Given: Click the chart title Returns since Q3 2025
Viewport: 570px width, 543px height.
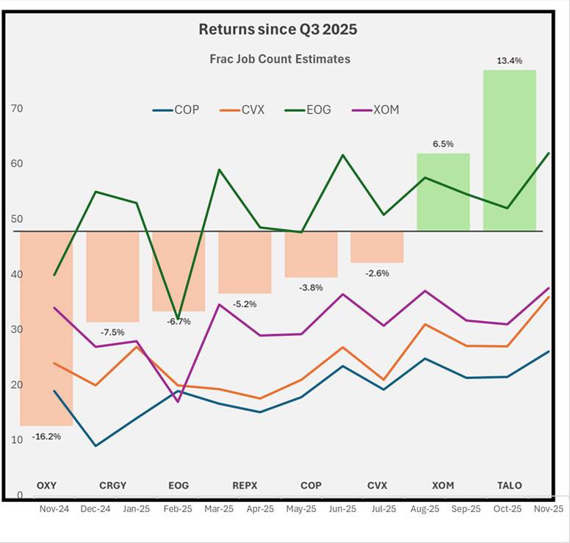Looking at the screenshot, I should point(278,30).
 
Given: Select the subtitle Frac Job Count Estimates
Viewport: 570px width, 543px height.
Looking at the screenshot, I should point(280,59).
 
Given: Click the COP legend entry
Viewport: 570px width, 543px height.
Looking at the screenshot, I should point(177,110).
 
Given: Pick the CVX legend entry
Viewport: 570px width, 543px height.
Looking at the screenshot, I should point(243,110).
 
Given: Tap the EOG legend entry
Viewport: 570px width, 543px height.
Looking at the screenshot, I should point(309,110).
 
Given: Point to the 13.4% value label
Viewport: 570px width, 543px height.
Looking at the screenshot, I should point(509,61).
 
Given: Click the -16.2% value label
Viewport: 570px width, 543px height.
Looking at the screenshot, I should point(46,436).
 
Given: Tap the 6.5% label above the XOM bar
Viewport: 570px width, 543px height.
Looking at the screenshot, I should point(443,145).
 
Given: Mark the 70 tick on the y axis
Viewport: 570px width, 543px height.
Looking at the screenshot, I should point(16,109).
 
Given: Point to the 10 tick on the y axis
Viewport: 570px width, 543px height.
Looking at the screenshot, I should point(16,440).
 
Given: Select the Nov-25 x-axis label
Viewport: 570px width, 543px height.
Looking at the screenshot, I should point(549,508).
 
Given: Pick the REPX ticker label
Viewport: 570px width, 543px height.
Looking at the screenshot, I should point(245,486).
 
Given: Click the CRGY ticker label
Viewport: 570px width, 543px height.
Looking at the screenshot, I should point(112,486).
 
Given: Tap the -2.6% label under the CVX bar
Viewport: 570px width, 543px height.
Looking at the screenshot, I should point(377,273).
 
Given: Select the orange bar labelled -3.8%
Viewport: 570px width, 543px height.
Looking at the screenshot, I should point(311,254).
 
